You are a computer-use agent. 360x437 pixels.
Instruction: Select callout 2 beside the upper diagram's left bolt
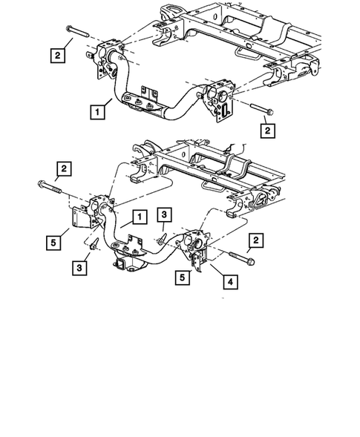tap(56, 53)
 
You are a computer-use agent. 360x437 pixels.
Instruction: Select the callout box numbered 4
tap(224, 283)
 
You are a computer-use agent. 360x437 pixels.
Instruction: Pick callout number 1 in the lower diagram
tap(137, 217)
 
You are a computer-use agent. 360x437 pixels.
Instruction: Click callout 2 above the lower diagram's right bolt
tap(255, 240)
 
